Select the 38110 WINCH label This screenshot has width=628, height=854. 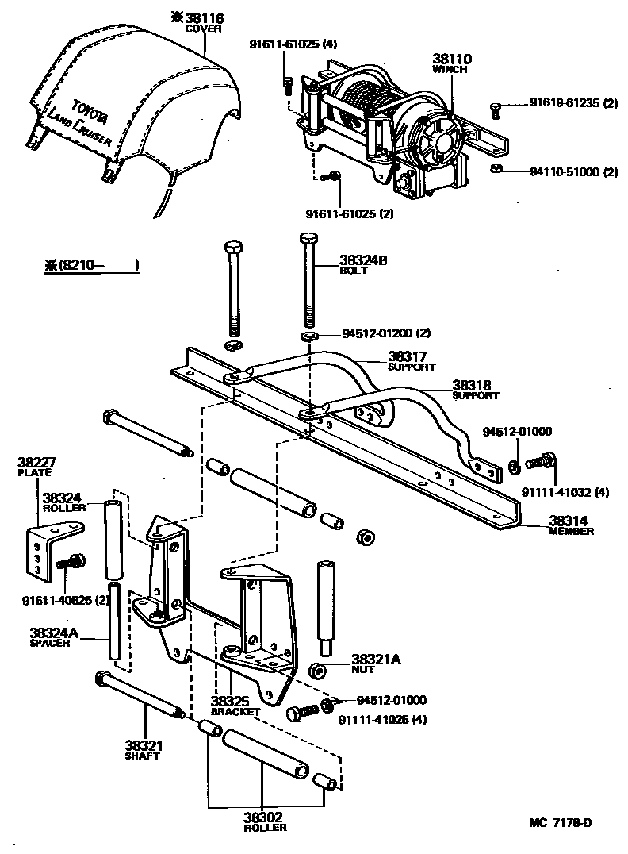pyautogui.click(x=450, y=63)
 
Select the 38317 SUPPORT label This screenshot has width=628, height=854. pyautogui.click(x=412, y=361)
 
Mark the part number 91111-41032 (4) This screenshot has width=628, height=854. pyautogui.click(x=565, y=492)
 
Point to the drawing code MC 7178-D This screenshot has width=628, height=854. pyautogui.click(x=561, y=821)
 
